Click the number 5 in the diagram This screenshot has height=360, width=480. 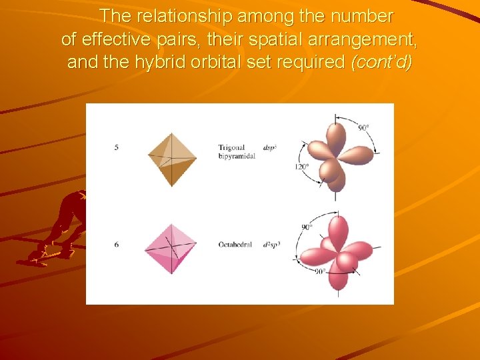coord(117,147)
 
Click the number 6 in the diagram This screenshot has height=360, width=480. coord(117,245)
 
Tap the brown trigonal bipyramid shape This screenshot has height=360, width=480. coord(172,159)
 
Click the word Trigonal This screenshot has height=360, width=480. coord(232,147)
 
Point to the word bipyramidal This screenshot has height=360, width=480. coord(237,156)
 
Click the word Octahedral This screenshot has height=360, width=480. coord(235,245)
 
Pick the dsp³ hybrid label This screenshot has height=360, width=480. coord(270,147)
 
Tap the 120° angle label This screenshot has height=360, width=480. coord(302,167)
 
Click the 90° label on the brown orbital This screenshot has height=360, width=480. coord(363,127)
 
